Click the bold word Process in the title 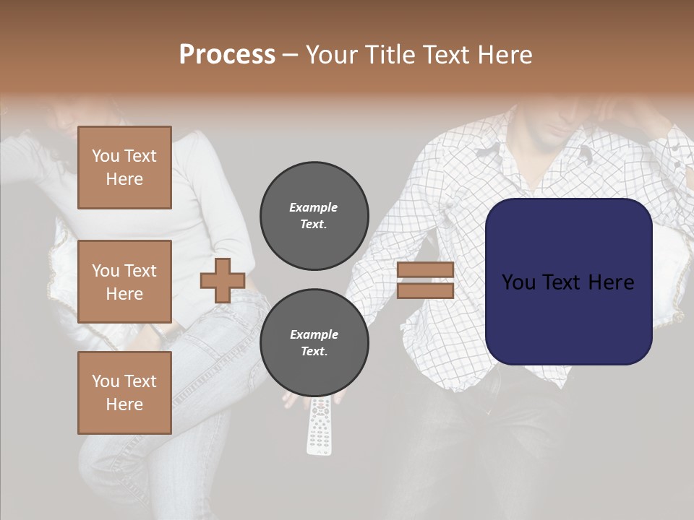[227, 55]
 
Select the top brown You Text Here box [124, 168]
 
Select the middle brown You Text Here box [124, 282]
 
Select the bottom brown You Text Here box [124, 393]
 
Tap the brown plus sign [223, 280]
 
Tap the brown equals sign [425, 280]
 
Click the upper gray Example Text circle [314, 216]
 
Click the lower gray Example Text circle [314, 343]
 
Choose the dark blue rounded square [569, 282]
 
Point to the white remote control [320, 426]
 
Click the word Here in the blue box [609, 282]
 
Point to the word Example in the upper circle [314, 207]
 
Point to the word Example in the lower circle [314, 334]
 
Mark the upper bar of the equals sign [425, 270]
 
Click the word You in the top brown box [106, 156]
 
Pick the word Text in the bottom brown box [140, 381]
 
